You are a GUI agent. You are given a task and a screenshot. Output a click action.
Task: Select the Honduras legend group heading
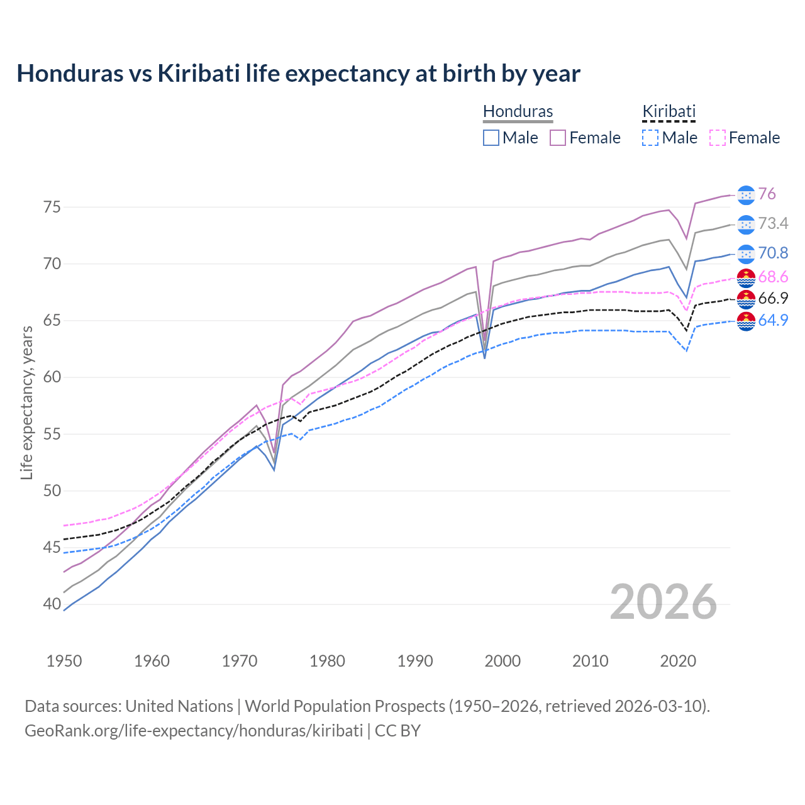518,111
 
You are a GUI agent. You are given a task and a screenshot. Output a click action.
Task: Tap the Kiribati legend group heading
669,111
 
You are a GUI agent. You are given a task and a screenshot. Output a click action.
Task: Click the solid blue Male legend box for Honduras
491,138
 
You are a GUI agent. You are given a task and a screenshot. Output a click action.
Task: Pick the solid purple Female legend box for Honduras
558,138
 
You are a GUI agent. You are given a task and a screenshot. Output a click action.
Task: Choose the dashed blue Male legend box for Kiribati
650,138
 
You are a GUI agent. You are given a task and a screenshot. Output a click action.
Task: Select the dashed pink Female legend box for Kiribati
717,138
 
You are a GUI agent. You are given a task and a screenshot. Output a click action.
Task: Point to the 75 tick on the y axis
52,207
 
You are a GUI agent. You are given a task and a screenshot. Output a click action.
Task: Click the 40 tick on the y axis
52,604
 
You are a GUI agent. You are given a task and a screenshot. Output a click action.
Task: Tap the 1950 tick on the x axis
64,661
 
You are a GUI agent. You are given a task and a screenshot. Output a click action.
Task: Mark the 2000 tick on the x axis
502,661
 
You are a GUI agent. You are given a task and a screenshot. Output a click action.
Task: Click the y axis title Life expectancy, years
26,402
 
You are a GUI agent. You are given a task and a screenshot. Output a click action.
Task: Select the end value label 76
767,194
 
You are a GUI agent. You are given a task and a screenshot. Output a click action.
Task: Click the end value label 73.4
773,224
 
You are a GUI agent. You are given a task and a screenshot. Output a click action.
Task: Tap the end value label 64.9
773,320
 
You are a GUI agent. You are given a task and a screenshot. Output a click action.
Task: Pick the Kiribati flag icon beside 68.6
746,277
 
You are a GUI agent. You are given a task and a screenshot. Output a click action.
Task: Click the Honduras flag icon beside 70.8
746,253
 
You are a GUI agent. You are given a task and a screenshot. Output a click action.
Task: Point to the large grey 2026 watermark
663,602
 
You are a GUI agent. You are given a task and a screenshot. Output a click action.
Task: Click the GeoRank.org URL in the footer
194,731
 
